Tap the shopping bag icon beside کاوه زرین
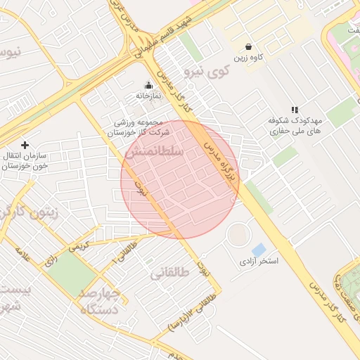(x=249, y=46)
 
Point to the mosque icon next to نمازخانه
(x=148, y=86)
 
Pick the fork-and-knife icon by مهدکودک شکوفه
(x=295, y=110)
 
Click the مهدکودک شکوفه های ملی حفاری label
(x=295, y=126)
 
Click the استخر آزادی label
(x=259, y=262)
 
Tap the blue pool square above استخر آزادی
(x=259, y=250)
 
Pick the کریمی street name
(x=78, y=247)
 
